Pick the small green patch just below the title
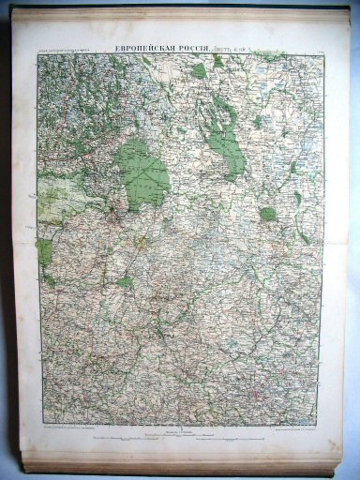(x=199, y=69)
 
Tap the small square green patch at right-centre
(x=268, y=214)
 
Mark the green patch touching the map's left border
(x=44, y=250)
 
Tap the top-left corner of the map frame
(x=37, y=54)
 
